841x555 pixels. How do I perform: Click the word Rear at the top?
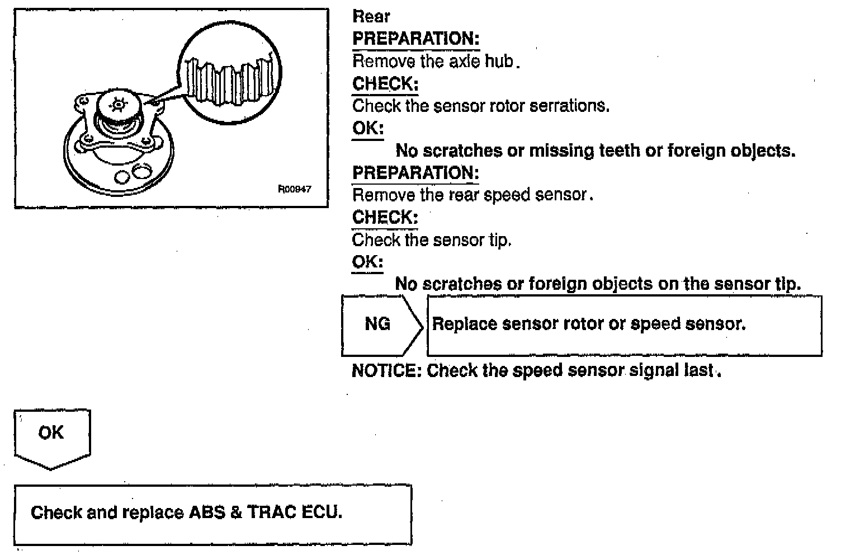tap(371, 16)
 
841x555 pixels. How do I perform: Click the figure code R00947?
tap(295, 189)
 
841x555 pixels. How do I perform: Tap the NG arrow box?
tap(379, 324)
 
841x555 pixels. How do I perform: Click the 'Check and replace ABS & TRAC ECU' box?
tap(212, 514)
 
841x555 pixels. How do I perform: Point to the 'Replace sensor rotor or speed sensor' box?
tap(623, 325)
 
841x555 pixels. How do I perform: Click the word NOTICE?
tap(386, 370)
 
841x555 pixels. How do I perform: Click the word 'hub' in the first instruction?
tap(498, 61)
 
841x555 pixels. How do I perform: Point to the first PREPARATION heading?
tap(415, 39)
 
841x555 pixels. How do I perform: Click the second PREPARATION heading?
tap(415, 173)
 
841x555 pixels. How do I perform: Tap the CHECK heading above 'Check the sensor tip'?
tap(385, 217)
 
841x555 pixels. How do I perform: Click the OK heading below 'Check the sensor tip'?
tap(367, 262)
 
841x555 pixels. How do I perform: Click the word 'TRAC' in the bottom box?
tap(271, 512)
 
